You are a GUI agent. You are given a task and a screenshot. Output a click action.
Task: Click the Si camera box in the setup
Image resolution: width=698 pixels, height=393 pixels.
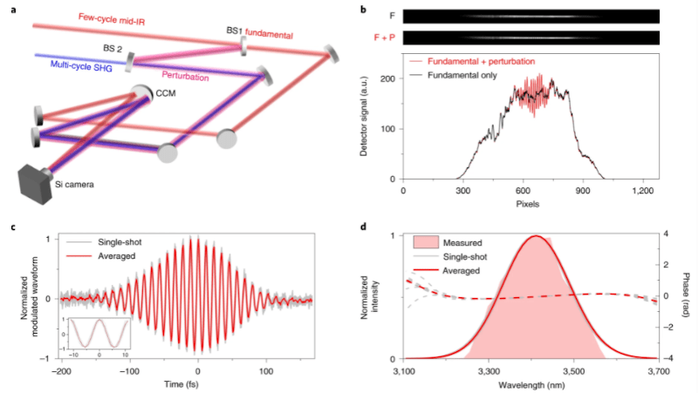(36, 183)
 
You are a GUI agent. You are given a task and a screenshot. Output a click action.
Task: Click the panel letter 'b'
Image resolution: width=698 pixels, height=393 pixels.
(363, 8)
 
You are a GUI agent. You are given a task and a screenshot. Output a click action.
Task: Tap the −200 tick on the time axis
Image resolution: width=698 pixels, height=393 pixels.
(59, 369)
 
